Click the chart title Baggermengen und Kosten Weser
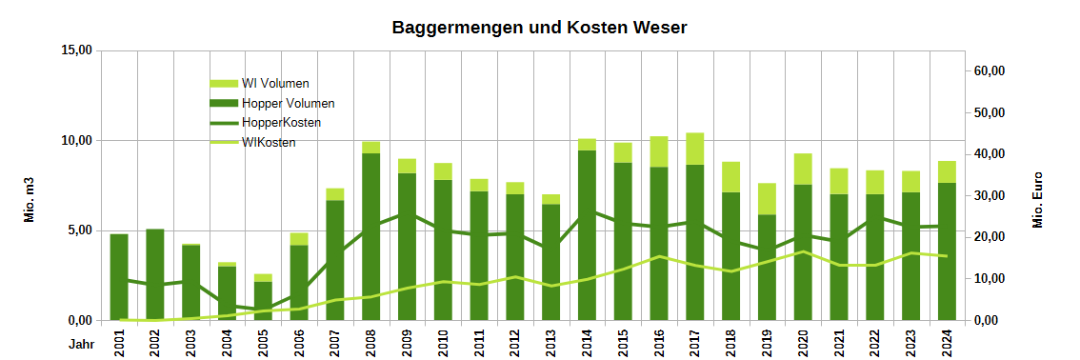[x=539, y=28]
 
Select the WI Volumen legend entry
[x=275, y=84]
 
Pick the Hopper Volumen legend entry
[x=288, y=103]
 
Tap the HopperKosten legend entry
[x=281, y=123]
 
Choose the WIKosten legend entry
[x=269, y=143]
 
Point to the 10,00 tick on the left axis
[x=72, y=140]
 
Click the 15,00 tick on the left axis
[x=72, y=50]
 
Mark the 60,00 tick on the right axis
[x=990, y=71]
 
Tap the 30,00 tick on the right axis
[x=990, y=196]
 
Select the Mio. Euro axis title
[x=1038, y=200]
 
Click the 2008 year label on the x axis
[x=371, y=341]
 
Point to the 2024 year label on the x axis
[x=947, y=341]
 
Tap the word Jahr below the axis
[x=81, y=341]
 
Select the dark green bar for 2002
[x=155, y=276]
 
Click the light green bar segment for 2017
[x=695, y=149]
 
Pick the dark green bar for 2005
[x=263, y=301]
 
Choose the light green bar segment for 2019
[x=767, y=199]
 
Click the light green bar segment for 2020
[x=803, y=169]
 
